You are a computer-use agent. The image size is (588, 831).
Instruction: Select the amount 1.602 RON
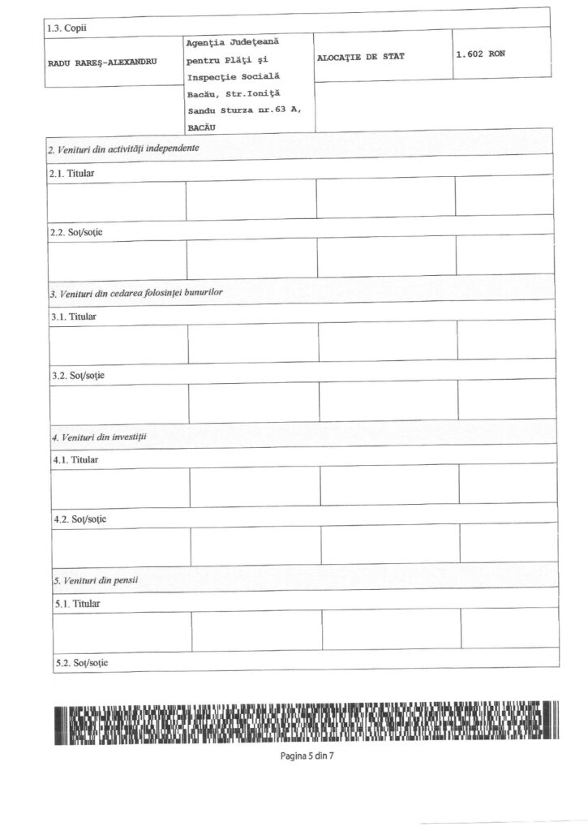[x=481, y=54]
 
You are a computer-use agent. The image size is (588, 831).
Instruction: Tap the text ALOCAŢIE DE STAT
[x=361, y=57]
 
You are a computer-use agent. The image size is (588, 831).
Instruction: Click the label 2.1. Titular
[x=72, y=173]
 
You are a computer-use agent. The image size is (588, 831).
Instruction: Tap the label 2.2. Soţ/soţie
[x=76, y=232]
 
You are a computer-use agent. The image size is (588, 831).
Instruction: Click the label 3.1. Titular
[x=74, y=316]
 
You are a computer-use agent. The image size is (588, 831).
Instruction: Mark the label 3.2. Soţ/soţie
[x=78, y=376]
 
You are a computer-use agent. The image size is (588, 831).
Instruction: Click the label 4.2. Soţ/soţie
[x=79, y=519]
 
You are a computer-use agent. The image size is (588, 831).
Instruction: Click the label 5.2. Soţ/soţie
[x=81, y=663]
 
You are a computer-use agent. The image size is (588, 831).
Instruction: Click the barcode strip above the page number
[x=307, y=721]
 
